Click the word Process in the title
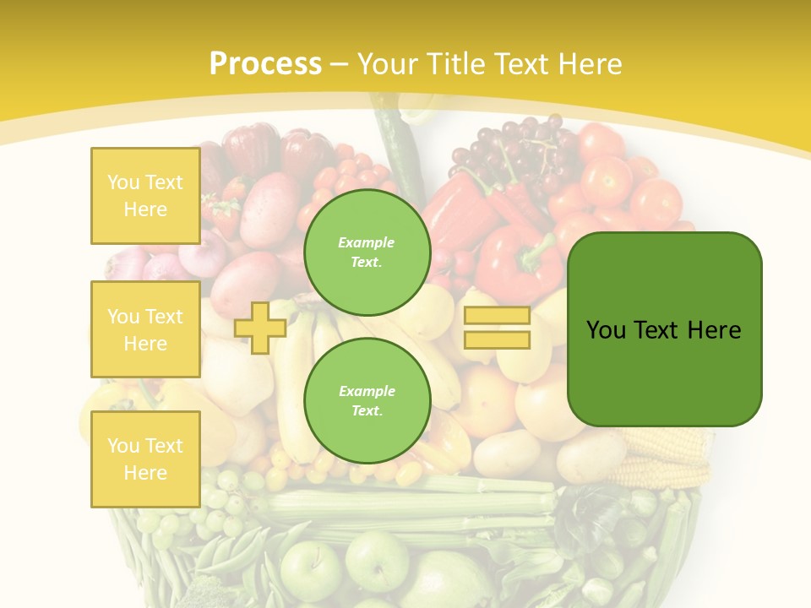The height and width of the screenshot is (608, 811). (265, 64)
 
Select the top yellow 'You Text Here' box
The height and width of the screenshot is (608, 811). (145, 196)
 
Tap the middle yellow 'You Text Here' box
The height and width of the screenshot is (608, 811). (145, 329)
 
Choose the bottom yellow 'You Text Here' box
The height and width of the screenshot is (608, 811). (145, 459)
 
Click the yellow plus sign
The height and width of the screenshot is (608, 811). (260, 328)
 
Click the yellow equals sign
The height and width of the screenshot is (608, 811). (497, 328)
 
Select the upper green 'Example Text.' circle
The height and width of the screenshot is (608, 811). (367, 252)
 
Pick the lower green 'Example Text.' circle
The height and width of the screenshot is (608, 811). (367, 400)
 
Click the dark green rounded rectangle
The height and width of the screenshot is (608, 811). (664, 329)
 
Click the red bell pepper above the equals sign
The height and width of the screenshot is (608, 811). (517, 262)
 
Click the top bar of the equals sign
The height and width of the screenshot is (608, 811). (497, 316)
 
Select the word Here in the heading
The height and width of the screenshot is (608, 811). (588, 64)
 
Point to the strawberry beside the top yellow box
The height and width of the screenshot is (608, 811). (225, 214)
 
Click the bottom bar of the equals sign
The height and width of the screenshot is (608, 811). (497, 340)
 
